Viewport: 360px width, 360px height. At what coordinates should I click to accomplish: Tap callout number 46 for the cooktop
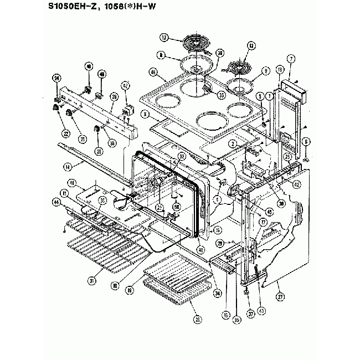[x=152, y=71]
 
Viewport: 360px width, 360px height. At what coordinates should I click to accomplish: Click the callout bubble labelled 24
[x=55, y=79]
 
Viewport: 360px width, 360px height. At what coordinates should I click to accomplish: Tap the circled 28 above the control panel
[x=114, y=96]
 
